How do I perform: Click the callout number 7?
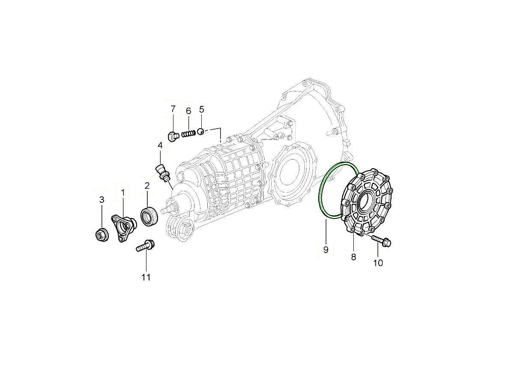tap(173, 109)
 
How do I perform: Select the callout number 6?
tap(188, 111)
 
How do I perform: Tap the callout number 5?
tap(202, 109)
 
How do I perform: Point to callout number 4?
tap(160, 145)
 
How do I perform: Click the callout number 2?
tap(147, 186)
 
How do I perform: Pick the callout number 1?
tap(123, 193)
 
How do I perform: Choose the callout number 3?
tap(102, 200)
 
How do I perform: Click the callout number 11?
tap(146, 277)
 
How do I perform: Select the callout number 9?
tap(326, 250)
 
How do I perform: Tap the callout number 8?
tap(354, 257)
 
